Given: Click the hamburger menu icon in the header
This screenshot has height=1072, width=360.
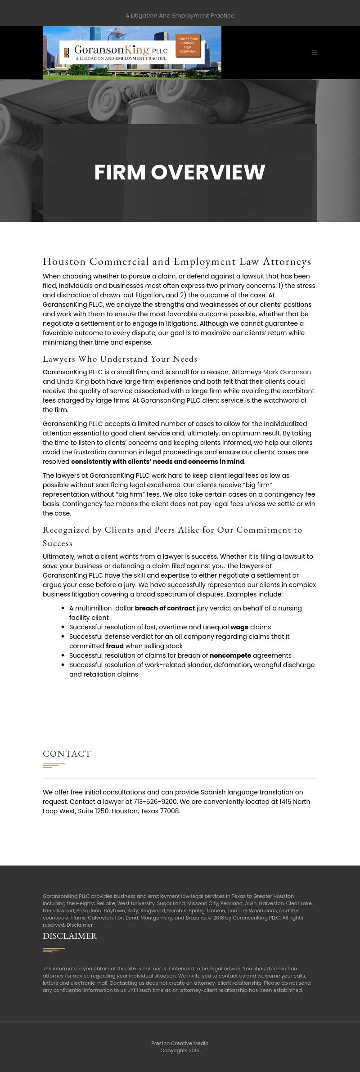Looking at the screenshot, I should point(315,53).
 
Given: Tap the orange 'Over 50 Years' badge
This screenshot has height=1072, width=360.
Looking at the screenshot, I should point(188,45).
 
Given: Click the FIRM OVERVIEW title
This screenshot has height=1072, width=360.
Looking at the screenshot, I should point(180,172).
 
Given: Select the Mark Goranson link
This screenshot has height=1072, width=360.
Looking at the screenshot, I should point(287,372).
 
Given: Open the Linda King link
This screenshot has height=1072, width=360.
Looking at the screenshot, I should point(72,381).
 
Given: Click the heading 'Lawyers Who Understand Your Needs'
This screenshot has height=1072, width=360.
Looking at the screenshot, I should point(120,359).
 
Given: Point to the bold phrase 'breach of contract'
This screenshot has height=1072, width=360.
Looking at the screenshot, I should point(165,608).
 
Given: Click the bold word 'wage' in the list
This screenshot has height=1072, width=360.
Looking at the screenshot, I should point(239,627).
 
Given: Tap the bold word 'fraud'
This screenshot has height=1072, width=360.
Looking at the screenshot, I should point(115,646).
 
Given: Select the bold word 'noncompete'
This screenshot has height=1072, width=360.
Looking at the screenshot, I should point(230,655).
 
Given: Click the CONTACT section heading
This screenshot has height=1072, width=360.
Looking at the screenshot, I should point(67,754).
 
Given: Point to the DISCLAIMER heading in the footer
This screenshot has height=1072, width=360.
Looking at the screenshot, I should point(70,936).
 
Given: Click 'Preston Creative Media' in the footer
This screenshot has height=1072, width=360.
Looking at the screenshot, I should point(180,1043).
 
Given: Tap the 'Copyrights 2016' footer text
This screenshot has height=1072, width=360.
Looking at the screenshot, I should point(180,1050).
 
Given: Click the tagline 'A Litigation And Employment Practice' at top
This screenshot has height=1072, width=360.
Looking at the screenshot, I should point(180,16).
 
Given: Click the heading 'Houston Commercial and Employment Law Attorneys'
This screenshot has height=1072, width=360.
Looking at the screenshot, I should point(177,261).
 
